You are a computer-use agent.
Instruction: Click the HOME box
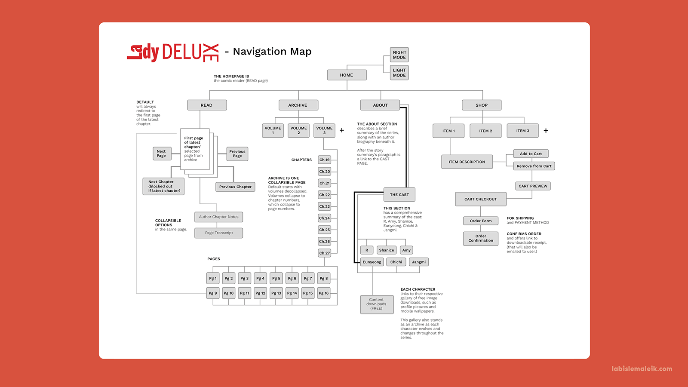click(x=347, y=75)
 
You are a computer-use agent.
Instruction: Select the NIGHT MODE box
click(x=399, y=55)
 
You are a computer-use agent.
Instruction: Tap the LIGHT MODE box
click(x=399, y=73)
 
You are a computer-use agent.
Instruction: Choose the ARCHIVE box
click(x=298, y=105)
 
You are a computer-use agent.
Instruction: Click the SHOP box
click(x=482, y=105)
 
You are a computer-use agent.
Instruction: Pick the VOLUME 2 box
click(x=298, y=130)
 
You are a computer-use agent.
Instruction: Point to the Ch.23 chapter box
click(x=325, y=206)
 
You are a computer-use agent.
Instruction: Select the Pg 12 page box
click(x=261, y=293)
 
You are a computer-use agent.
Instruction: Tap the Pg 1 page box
click(x=213, y=279)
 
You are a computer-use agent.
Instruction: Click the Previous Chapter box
click(x=235, y=187)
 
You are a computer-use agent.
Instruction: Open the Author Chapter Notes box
click(x=218, y=217)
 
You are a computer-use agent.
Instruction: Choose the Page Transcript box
click(x=218, y=233)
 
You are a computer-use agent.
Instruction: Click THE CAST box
click(x=399, y=195)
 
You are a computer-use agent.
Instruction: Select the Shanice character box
click(x=387, y=250)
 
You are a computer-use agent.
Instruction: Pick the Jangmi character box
click(x=419, y=262)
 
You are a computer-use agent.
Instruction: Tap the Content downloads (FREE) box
click(x=376, y=304)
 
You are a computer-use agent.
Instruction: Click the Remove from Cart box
click(x=534, y=166)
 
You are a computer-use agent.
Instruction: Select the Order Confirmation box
click(x=481, y=239)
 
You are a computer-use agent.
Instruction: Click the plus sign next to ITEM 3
click(x=546, y=131)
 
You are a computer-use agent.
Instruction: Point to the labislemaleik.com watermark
click(x=642, y=369)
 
